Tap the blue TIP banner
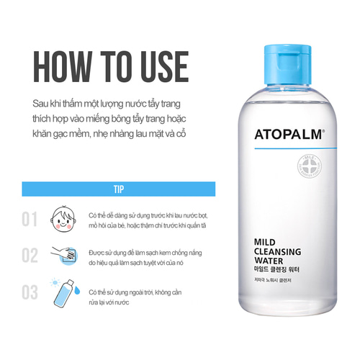click(118, 189)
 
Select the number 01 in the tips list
click(29, 219)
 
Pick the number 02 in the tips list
click(29, 256)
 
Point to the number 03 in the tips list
click(29, 292)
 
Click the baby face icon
click(63, 219)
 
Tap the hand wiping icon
click(63, 256)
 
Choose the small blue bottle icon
click(63, 292)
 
